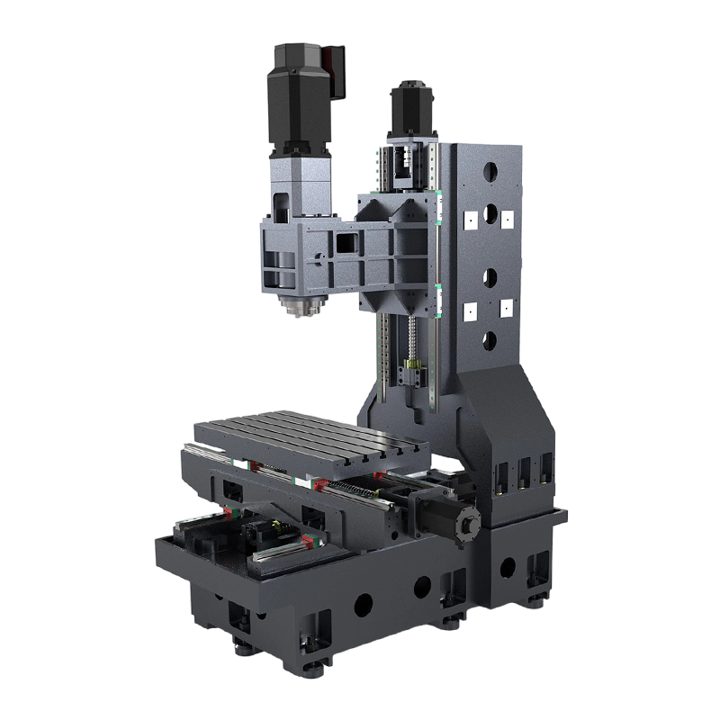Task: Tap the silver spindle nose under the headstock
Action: pos(299,306)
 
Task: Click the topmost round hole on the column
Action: pos(490,170)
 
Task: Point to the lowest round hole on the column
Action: pos(490,338)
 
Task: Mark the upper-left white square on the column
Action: pos(470,219)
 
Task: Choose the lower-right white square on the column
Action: pos(506,310)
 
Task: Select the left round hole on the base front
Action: pos(364,605)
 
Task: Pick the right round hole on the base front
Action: pos(421,588)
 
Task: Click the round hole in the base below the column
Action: pos(508,568)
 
